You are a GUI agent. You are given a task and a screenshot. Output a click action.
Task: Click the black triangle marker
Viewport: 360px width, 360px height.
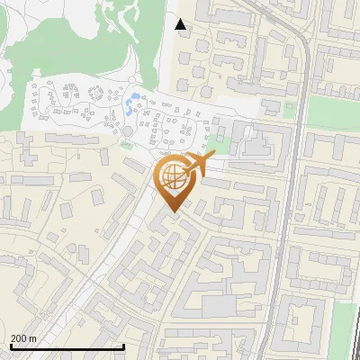click(x=181, y=24)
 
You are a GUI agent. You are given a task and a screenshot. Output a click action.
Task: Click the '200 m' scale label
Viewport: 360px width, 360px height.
click(x=23, y=338)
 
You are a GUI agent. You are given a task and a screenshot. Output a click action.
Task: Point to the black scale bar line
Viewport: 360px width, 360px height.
click(x=67, y=346)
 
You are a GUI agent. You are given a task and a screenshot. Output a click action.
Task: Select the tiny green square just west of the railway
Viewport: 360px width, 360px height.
click(x=289, y=106)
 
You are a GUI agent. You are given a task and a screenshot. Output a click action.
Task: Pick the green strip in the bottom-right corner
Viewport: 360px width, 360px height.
click(x=345, y=328)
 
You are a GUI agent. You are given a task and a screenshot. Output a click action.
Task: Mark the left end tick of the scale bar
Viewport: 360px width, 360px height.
click(x=11, y=346)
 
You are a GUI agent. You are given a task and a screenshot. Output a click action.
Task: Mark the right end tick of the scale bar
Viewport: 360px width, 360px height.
click(x=123, y=346)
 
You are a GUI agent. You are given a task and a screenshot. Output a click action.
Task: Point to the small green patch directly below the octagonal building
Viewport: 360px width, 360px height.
click(x=127, y=143)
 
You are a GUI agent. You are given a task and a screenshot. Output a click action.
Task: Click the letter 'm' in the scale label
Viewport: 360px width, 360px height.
click(x=32, y=338)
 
